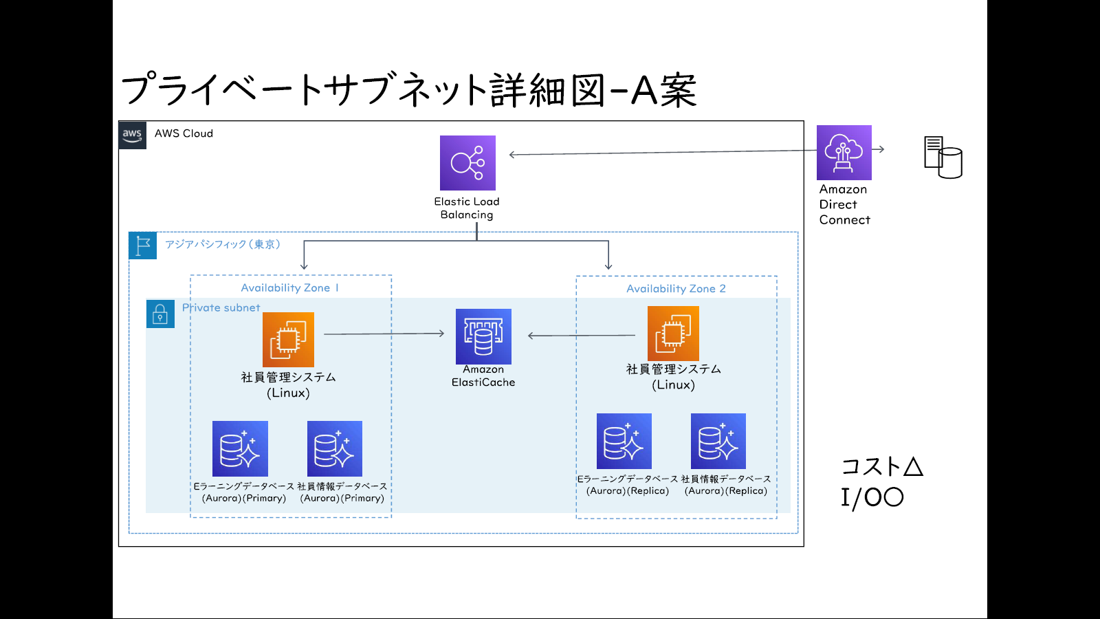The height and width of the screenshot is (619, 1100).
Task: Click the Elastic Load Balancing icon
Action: point(467,163)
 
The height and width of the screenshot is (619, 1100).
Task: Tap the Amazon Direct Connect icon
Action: point(844,153)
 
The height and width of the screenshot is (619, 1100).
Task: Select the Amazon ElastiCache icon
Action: point(483,336)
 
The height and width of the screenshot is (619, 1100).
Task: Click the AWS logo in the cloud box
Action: point(132,135)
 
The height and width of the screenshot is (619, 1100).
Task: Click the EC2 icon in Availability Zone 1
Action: point(288,340)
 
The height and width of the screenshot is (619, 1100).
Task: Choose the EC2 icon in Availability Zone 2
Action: point(673,334)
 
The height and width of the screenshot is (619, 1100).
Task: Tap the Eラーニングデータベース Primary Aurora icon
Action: point(240,448)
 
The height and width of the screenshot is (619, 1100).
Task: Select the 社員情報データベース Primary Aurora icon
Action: point(334,448)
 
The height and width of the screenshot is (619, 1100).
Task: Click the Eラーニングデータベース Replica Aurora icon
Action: point(624,441)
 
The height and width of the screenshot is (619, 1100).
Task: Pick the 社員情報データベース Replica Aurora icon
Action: point(718,441)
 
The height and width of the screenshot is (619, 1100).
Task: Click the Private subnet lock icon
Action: point(160,314)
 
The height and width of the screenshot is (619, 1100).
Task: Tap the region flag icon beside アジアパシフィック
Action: point(143,246)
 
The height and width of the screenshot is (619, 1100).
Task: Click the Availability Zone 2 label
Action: point(676,289)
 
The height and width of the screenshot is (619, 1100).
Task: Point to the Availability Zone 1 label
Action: point(289,288)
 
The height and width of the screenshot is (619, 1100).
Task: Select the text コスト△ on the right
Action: point(881,466)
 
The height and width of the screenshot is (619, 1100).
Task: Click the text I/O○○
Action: point(872,497)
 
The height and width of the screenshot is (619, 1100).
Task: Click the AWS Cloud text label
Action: point(184,133)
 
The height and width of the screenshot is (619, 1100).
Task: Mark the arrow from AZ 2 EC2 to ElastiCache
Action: point(581,336)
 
